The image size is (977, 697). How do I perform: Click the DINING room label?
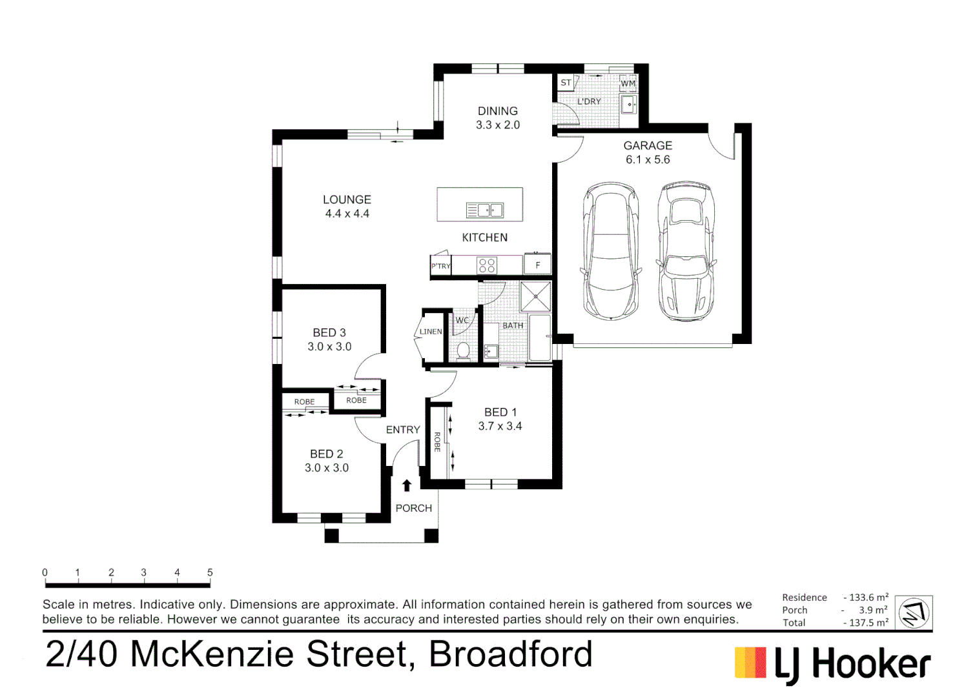pos(497,111)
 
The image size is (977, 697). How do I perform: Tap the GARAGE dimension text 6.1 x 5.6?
pos(648,159)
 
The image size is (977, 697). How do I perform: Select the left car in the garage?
pos(611,251)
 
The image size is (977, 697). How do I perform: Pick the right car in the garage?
pos(686,251)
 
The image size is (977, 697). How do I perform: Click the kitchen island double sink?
pos(484,210)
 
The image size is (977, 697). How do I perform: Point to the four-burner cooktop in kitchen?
pos(487,265)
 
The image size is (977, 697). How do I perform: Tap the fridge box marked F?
pos(537,265)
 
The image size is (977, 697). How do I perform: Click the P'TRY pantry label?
pos(440,266)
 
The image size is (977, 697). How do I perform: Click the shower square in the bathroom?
pos(536,296)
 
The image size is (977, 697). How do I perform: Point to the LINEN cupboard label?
pos(431,332)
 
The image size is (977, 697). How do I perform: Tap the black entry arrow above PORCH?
pos(407,485)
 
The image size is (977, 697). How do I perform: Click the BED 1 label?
pos(500,412)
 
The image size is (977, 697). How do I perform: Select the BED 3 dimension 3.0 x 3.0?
pos(329,347)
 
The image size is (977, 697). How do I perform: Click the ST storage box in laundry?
pos(566,83)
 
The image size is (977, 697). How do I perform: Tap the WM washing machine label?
pos(628,83)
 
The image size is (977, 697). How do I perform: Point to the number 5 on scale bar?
pos(210,572)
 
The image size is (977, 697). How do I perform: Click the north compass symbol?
pos(914,612)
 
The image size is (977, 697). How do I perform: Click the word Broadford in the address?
pos(510,654)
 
